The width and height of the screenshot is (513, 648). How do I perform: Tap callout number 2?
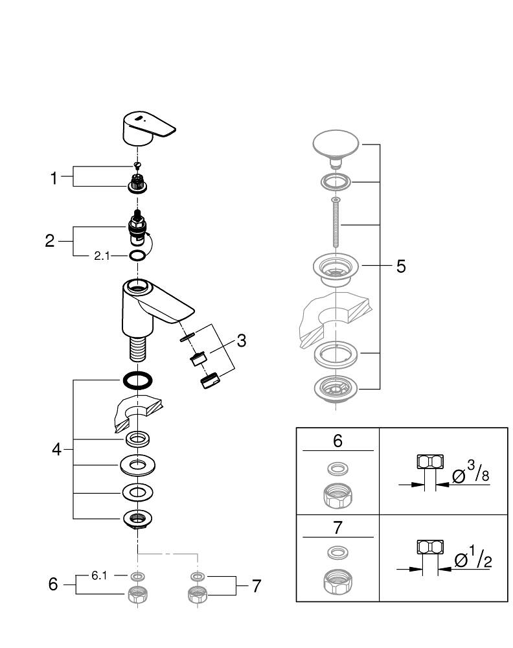50,241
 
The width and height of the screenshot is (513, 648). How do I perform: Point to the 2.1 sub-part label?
102,256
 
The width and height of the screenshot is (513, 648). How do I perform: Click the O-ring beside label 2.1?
137,255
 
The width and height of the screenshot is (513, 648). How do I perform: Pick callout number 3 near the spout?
241,340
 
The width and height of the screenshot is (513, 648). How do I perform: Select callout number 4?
57,448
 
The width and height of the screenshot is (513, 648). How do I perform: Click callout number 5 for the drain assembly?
401,266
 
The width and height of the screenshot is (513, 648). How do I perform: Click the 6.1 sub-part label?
99,575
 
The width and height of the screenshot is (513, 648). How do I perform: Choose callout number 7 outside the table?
256,586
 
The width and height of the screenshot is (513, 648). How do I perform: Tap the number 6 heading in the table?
337,441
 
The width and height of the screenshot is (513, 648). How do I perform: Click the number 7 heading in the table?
337,527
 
